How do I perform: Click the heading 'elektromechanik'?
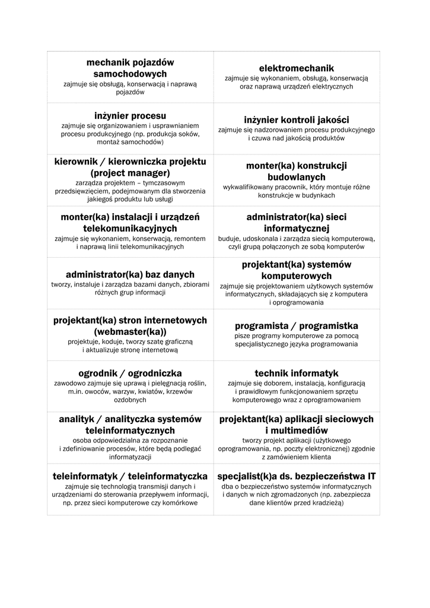coord(297,68)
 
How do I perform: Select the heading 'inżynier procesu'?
coord(130,115)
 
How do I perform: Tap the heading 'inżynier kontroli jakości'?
coord(297,119)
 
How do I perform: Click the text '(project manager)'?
coord(130,173)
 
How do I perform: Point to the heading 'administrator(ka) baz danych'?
coord(130,274)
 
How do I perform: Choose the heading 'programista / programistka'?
coord(297,325)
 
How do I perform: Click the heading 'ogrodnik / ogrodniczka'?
coord(130,373)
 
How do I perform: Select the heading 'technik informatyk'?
coord(297,373)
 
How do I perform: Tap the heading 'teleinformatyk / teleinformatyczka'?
coord(130,476)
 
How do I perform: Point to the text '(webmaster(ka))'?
coord(130,331)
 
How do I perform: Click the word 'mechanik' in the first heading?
coord(107,62)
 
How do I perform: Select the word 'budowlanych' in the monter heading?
coord(297,177)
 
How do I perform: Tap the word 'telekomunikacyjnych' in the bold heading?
coord(130,228)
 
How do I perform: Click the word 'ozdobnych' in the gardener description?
coord(130,400)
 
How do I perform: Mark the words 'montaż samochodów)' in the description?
coord(130,143)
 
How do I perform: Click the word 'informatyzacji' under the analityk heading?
coord(130,457)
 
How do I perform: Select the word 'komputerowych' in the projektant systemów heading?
coord(297,276)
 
